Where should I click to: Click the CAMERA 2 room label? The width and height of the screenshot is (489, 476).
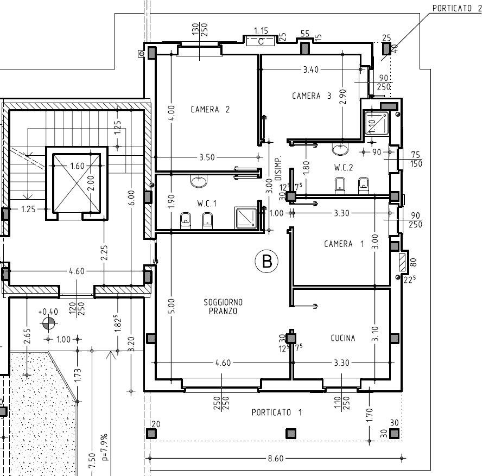point(210,110)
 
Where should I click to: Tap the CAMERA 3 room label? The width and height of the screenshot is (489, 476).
point(311,96)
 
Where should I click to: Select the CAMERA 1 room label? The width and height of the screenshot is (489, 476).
point(344,244)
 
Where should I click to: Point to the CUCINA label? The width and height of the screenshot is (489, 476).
point(343,338)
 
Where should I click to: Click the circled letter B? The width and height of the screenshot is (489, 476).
point(267,261)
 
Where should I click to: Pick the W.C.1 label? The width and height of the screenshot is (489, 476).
point(207,204)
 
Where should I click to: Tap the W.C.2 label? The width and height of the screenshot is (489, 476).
point(344,168)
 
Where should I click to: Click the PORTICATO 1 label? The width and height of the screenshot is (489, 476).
point(277,412)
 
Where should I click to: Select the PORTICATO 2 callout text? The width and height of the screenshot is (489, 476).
point(457,8)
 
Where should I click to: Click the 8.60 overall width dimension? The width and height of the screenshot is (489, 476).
point(276,458)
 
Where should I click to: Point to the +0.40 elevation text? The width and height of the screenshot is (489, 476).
point(48,312)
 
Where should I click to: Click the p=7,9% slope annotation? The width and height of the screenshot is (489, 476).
point(104,447)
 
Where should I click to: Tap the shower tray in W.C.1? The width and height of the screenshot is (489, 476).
point(246,218)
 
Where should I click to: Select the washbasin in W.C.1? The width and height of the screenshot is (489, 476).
point(199,181)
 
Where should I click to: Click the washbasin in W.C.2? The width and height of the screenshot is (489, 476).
point(340,149)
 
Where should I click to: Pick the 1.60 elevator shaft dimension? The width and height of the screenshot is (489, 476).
point(78,166)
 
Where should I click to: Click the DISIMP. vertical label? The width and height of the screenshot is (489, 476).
point(278,168)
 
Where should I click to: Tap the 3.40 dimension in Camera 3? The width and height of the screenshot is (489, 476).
point(311,69)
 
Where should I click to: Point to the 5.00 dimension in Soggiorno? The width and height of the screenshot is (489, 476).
point(172,306)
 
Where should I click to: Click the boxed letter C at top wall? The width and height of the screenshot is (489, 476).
point(261,41)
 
